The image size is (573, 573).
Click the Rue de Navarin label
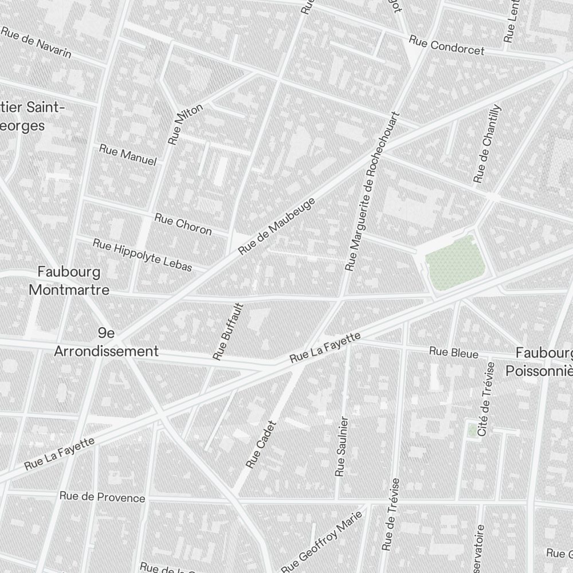click(x=36, y=42)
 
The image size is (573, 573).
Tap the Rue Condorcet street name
click(x=446, y=46)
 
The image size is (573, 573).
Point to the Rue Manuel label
click(x=128, y=155)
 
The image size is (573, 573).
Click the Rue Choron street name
click(x=183, y=224)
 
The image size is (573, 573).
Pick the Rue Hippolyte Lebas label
click(x=150, y=255)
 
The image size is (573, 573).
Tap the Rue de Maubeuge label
click(x=277, y=226)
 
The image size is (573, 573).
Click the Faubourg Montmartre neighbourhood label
click(x=69, y=280)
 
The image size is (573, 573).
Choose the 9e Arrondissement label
click(x=106, y=343)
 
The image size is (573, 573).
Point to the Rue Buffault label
click(x=228, y=332)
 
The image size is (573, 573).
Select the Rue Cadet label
click(x=261, y=444)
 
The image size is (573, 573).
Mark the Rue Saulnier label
click(x=341, y=446)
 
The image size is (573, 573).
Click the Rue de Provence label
click(x=103, y=497)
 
